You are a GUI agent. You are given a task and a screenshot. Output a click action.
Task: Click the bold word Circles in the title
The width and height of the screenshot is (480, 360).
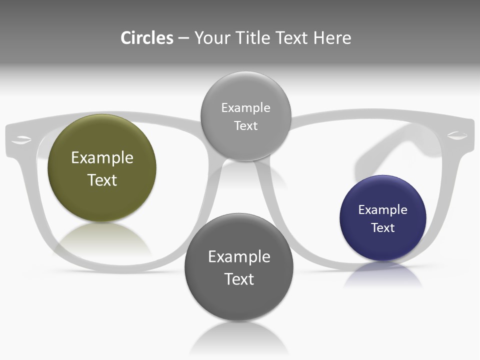[147, 38]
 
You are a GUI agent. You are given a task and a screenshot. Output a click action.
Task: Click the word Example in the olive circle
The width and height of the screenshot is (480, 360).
[102, 158]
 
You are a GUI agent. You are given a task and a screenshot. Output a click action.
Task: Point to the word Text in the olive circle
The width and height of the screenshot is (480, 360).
[102, 180]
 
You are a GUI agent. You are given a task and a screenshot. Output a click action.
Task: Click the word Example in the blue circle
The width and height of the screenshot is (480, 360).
[383, 210]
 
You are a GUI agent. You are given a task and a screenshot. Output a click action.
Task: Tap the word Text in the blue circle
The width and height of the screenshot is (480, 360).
[383, 228]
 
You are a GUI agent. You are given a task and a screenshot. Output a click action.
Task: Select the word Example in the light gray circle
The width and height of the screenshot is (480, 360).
[245, 108]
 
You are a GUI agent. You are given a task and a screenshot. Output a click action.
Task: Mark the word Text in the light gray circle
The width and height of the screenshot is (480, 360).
[245, 126]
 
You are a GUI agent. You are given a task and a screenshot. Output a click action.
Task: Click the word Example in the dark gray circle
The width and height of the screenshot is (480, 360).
[239, 257]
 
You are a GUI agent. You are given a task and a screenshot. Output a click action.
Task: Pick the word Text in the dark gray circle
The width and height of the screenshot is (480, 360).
[239, 279]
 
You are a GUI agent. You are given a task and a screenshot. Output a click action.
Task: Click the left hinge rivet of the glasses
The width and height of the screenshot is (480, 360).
[21, 138]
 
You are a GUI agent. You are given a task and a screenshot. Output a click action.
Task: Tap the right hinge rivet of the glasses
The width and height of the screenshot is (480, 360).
[457, 135]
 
